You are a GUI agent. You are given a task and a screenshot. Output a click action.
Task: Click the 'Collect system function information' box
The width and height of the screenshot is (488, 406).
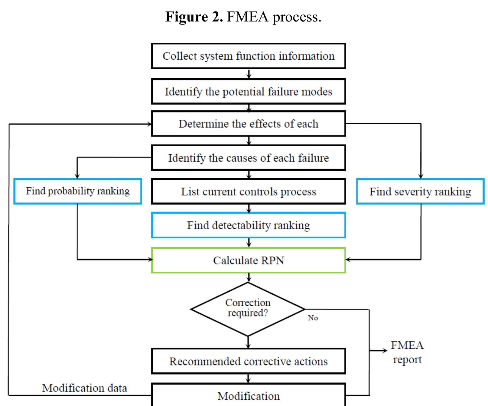[248, 56]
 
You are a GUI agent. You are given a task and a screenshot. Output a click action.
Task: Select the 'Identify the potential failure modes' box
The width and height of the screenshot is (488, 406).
[248, 92]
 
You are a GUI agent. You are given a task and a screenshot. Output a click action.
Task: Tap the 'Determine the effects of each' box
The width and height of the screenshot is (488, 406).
[248, 124]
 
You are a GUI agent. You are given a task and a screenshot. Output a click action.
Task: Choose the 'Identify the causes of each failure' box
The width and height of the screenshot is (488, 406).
[248, 158]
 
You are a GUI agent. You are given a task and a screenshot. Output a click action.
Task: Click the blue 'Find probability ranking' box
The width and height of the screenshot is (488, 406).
[77, 191]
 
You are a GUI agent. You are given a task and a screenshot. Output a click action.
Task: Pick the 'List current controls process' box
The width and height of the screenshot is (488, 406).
[248, 192]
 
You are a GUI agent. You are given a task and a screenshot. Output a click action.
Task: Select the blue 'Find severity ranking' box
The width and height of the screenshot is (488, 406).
[420, 192]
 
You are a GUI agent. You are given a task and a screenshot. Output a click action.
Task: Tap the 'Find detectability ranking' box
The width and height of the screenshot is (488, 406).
[248, 225]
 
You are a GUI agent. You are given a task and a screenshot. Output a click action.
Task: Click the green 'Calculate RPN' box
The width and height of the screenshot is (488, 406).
[248, 260]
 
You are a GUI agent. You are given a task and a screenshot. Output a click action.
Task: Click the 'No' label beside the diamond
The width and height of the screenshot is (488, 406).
[313, 318]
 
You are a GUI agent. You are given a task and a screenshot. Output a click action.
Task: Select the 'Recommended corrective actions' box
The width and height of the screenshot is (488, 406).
[248, 361]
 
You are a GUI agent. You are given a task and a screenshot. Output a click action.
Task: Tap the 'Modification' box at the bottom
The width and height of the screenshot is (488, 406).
[248, 396]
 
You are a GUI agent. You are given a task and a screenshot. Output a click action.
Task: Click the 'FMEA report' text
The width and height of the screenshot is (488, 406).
[407, 352]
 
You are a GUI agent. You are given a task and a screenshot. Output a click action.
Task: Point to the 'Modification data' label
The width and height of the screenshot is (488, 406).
[84, 388]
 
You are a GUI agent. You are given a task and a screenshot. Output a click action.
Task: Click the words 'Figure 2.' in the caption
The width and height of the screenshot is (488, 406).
[194, 17]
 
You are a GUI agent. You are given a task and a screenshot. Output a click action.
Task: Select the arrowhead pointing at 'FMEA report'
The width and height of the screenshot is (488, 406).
[385, 351]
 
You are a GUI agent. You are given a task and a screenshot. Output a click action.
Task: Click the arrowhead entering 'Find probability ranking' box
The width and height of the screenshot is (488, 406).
[77, 176]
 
